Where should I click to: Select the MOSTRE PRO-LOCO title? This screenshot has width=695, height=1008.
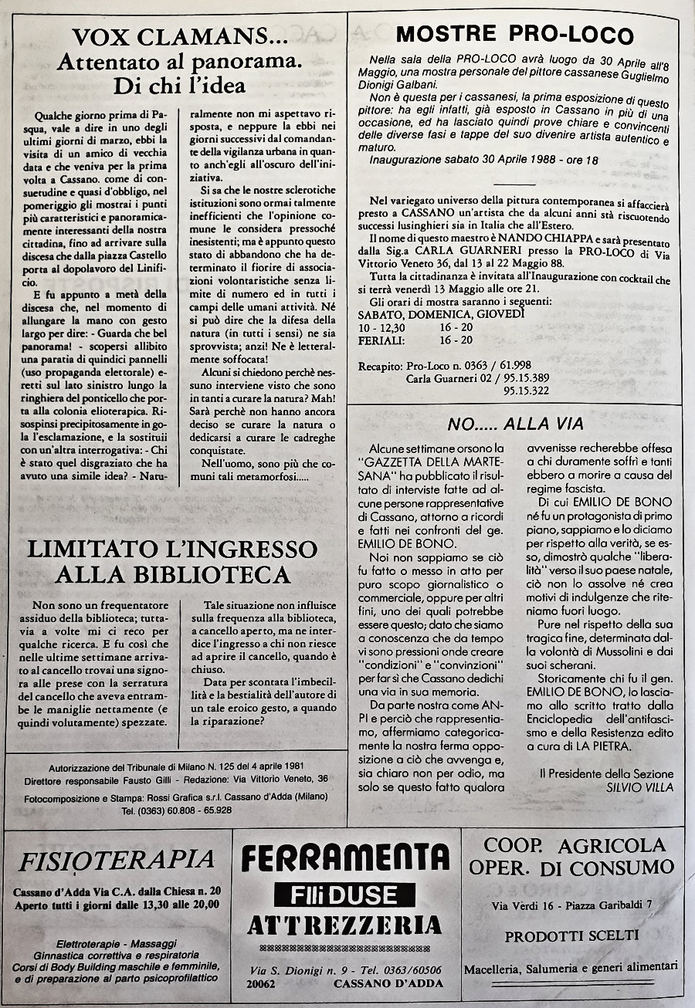pyautogui.click(x=514, y=34)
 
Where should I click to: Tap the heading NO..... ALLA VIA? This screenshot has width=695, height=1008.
pyautogui.click(x=516, y=423)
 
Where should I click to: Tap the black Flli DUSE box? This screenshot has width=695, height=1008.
pyautogui.click(x=345, y=895)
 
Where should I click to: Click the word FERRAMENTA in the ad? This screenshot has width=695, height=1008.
pyautogui.click(x=345, y=857)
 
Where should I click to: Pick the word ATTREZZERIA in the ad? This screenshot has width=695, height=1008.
pyautogui.click(x=345, y=925)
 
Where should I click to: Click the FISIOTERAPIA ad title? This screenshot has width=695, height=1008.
pyautogui.click(x=116, y=859)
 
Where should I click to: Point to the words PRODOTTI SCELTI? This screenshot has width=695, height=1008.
pyautogui.click(x=571, y=936)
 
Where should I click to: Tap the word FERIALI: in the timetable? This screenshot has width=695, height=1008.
pyautogui.click(x=384, y=340)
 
